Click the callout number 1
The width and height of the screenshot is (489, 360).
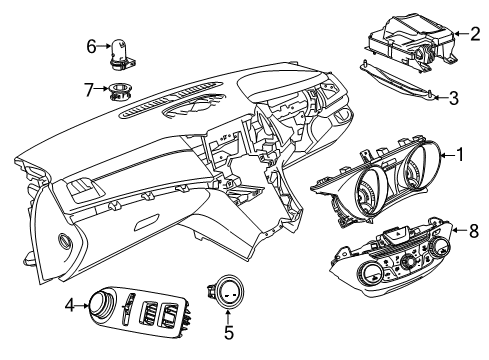pos(460,156)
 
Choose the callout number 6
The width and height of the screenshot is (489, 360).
pos(91,46)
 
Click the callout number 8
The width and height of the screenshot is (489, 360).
pos(474,232)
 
